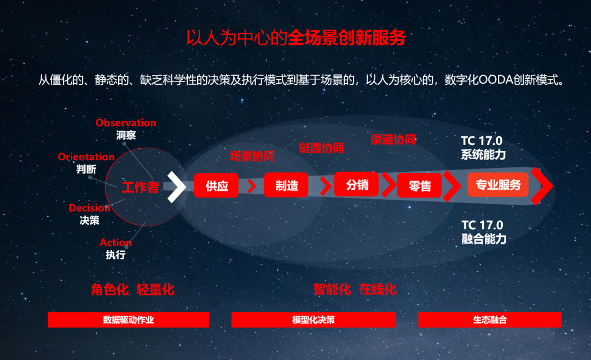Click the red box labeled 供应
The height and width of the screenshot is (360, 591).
pos(216,185)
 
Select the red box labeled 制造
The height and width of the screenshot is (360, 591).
pos(286,185)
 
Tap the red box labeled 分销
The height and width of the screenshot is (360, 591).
pos(357,184)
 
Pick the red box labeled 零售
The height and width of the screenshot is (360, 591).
pos(420,185)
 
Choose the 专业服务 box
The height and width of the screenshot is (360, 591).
pos(498,185)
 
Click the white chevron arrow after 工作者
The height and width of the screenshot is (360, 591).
pos(176,187)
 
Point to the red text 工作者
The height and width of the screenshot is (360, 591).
pos(141,187)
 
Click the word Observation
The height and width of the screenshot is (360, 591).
pos(126,123)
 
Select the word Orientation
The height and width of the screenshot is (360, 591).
pos(86,157)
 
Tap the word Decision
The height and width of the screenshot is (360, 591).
pos(89,208)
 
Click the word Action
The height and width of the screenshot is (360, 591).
pos(115,242)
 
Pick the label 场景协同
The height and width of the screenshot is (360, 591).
pos(252,156)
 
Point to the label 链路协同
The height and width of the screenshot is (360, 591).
pos(322,148)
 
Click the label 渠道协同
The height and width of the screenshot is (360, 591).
pos(393,140)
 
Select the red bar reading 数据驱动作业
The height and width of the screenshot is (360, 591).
pos(129,320)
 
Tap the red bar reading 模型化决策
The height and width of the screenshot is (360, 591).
pos(313,320)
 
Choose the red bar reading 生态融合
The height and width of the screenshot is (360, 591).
pos(490,320)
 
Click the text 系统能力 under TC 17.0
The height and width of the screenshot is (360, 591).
pos(483,154)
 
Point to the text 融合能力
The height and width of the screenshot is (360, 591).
pos(484,239)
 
